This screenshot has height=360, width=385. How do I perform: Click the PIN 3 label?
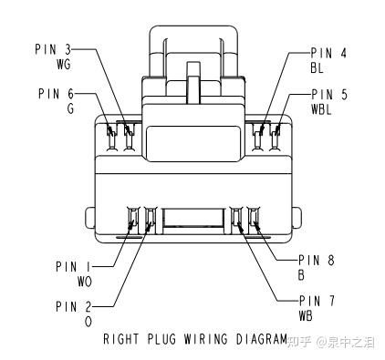(53, 49)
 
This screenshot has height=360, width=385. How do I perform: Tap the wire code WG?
(64, 64)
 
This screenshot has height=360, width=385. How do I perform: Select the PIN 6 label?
(57, 94)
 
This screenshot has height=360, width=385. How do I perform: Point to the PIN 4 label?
(328, 53)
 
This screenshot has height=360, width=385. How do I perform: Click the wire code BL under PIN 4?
(317, 67)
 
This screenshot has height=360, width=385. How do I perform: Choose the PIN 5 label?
(329, 95)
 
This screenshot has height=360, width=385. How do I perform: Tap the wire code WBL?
(321, 109)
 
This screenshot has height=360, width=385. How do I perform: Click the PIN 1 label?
(73, 267)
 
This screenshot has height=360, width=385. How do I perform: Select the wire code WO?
(85, 282)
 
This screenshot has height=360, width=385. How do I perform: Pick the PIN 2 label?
(74, 307)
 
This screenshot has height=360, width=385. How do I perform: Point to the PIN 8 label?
(317, 261)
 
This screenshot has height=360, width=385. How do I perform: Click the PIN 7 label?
(317, 301)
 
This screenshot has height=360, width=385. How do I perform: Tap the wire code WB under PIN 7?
(306, 316)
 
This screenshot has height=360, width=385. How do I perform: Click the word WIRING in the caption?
(205, 339)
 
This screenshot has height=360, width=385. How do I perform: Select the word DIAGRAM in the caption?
(262, 339)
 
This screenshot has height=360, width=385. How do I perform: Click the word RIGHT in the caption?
(121, 339)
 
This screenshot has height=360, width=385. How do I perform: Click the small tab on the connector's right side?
(297, 218)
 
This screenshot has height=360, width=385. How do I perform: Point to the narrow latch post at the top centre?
(192, 82)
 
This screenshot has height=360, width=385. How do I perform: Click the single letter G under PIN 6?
(70, 108)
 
